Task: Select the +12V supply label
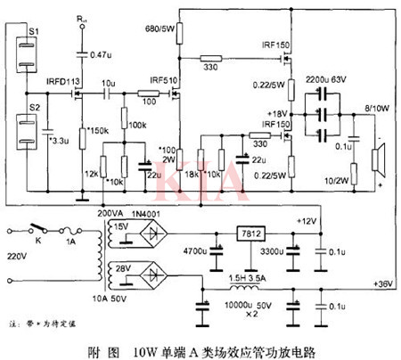point(307,220)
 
